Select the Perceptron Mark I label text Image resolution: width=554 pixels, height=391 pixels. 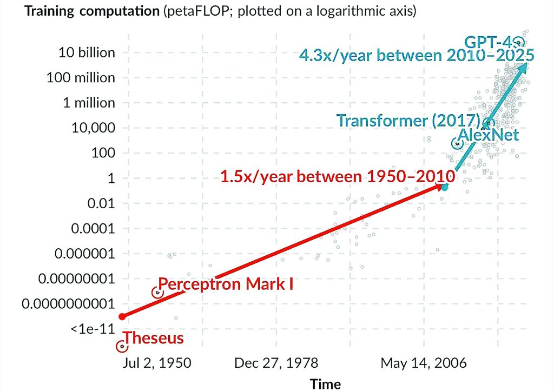[x=226, y=283]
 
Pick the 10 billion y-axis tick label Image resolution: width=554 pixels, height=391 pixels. [x=87, y=52]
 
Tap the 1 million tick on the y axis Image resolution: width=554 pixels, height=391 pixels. [x=89, y=103]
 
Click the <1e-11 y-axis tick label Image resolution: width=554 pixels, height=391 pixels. [x=92, y=329]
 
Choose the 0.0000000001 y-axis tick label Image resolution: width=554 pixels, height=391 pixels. [x=69, y=304]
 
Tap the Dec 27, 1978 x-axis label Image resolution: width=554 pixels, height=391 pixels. [x=276, y=363]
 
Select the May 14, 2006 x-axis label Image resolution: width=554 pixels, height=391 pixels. [x=423, y=363]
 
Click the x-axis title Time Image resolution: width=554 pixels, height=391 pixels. [x=325, y=383]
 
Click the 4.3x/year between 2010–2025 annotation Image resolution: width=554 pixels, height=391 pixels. [x=417, y=55]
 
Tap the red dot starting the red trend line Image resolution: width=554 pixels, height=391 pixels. [x=122, y=316]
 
